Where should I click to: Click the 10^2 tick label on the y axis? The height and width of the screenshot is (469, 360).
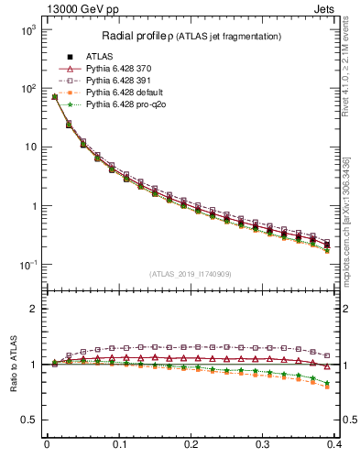point(27,89)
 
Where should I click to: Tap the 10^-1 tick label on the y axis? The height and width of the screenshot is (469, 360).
point(27,265)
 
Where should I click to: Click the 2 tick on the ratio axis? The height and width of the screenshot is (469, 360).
point(32,309)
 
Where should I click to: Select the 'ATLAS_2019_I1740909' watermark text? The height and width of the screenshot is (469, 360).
point(191,273)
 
